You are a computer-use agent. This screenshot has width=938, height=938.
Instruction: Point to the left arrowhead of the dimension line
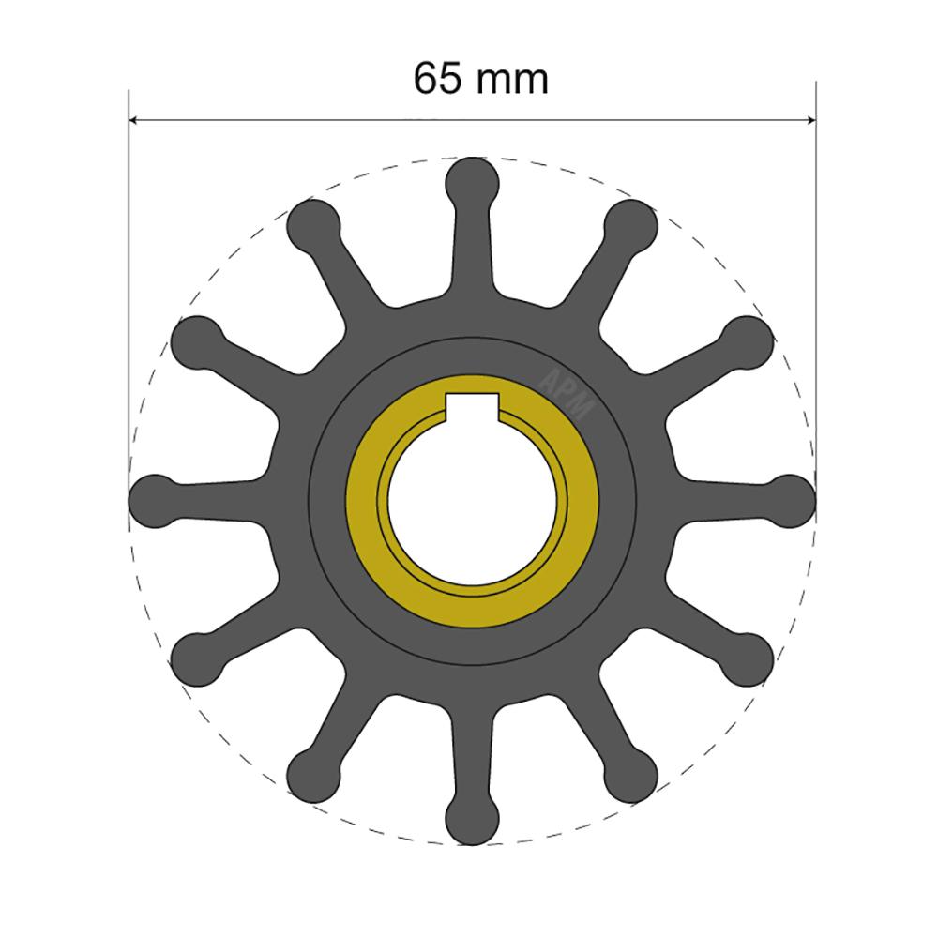coord(133,120)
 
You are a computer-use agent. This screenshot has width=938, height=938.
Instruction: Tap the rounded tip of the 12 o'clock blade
coord(472,182)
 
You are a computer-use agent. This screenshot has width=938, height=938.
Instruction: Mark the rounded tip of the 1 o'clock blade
coord(631,225)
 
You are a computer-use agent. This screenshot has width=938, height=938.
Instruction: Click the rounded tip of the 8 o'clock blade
coord(196,657)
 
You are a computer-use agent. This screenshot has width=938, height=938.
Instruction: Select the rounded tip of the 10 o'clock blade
coord(196,341)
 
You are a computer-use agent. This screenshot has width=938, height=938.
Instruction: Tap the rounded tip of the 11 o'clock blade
coord(311,225)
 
